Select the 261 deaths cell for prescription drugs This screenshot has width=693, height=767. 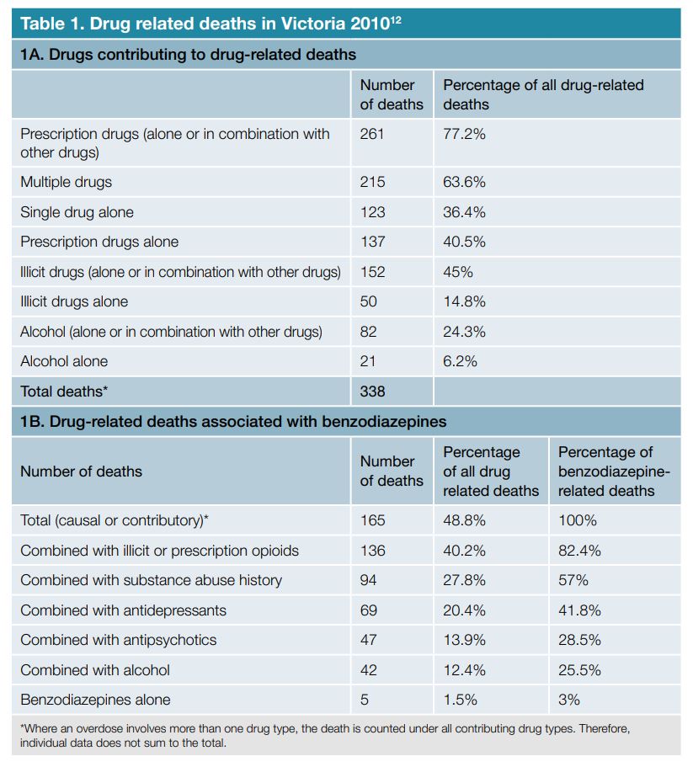(x=372, y=134)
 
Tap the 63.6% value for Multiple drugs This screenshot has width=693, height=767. (x=464, y=182)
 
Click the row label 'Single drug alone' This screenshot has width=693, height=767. (x=77, y=212)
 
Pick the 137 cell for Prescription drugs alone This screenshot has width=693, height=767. (x=372, y=242)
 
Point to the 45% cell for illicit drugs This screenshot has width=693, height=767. (x=458, y=272)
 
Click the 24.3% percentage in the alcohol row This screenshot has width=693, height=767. (x=464, y=332)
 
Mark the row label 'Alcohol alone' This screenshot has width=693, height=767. (x=64, y=361)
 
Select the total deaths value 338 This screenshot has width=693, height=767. (x=372, y=391)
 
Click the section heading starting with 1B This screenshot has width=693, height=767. (x=233, y=422)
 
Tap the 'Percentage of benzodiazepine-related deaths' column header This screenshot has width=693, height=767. (x=614, y=471)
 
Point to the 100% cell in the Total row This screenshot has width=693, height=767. (x=578, y=520)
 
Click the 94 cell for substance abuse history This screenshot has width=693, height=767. (x=368, y=580)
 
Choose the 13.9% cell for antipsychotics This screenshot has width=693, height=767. (x=464, y=640)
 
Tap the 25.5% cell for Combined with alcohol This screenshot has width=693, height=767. (x=579, y=670)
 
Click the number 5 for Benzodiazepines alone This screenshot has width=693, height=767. (x=364, y=700)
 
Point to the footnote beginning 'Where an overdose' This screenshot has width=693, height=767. (x=324, y=735)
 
